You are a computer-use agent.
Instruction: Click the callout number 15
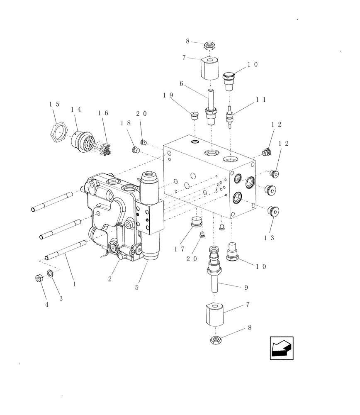click(54, 104)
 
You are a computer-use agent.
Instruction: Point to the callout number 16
click(103, 112)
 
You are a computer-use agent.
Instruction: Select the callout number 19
click(168, 95)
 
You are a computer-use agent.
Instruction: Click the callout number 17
click(179, 249)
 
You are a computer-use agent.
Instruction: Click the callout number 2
click(110, 279)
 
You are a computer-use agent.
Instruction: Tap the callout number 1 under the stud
click(74, 285)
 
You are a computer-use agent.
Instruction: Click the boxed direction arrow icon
click(282, 348)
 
